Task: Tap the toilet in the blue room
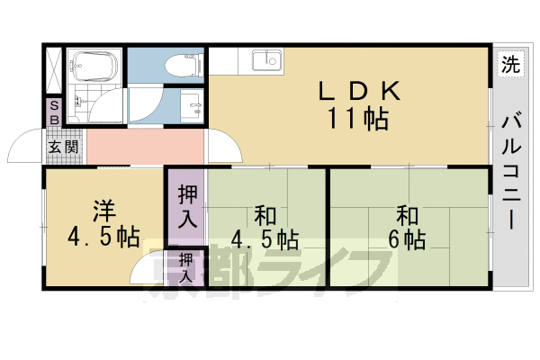[x=180, y=65]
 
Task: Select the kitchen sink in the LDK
[x=266, y=62]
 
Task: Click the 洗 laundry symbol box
[x=510, y=65]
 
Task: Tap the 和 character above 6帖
[x=408, y=215]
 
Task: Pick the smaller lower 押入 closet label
[x=186, y=268]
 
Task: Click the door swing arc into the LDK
[x=221, y=149]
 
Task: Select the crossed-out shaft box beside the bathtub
[x=55, y=68]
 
